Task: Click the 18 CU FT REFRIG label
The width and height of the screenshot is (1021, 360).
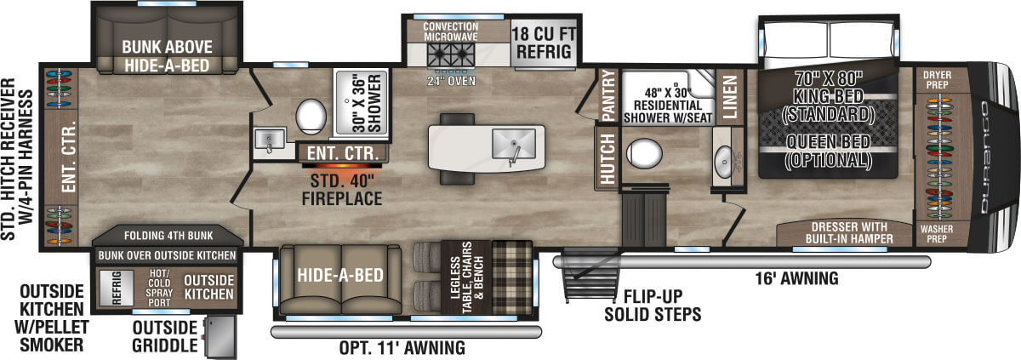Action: [545, 42]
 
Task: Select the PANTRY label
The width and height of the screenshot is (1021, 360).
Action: [607, 94]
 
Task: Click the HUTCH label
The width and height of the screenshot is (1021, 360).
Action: [607, 154]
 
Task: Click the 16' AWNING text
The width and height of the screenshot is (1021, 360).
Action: [796, 278]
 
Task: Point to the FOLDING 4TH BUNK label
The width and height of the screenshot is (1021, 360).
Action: [168, 235]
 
